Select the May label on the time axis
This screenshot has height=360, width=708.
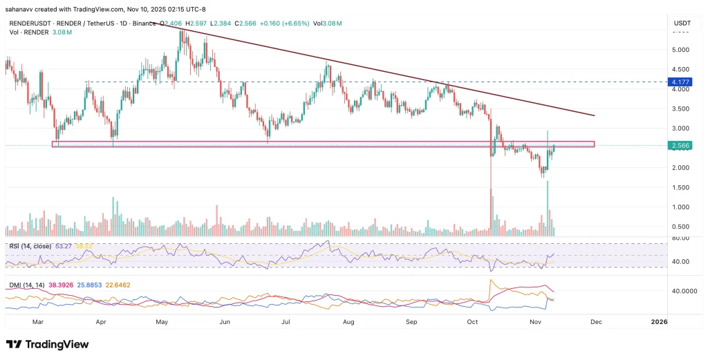(x=162, y=322)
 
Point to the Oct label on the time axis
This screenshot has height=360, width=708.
(x=473, y=322)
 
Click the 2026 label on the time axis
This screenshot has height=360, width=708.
(x=659, y=322)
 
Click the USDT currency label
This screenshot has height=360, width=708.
(x=682, y=23)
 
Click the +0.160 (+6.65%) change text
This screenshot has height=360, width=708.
(x=281, y=23)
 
